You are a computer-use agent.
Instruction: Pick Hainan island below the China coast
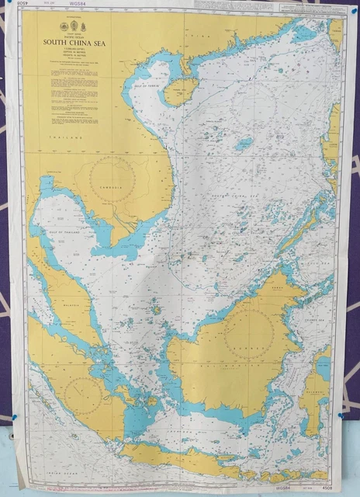click(x=179, y=91)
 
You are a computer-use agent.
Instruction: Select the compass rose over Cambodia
click(x=113, y=180)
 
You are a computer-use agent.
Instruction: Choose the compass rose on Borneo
click(x=249, y=335)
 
